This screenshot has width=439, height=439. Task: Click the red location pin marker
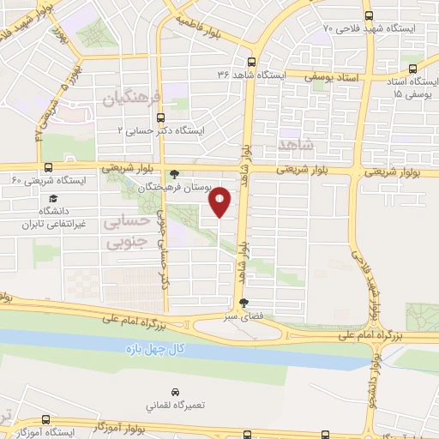point(221,201)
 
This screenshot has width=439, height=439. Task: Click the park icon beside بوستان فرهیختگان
point(176,172)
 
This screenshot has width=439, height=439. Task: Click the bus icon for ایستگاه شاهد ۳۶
point(251,62)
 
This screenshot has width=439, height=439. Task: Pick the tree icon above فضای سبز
point(244,302)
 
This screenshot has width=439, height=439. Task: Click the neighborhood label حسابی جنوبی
point(123,232)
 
